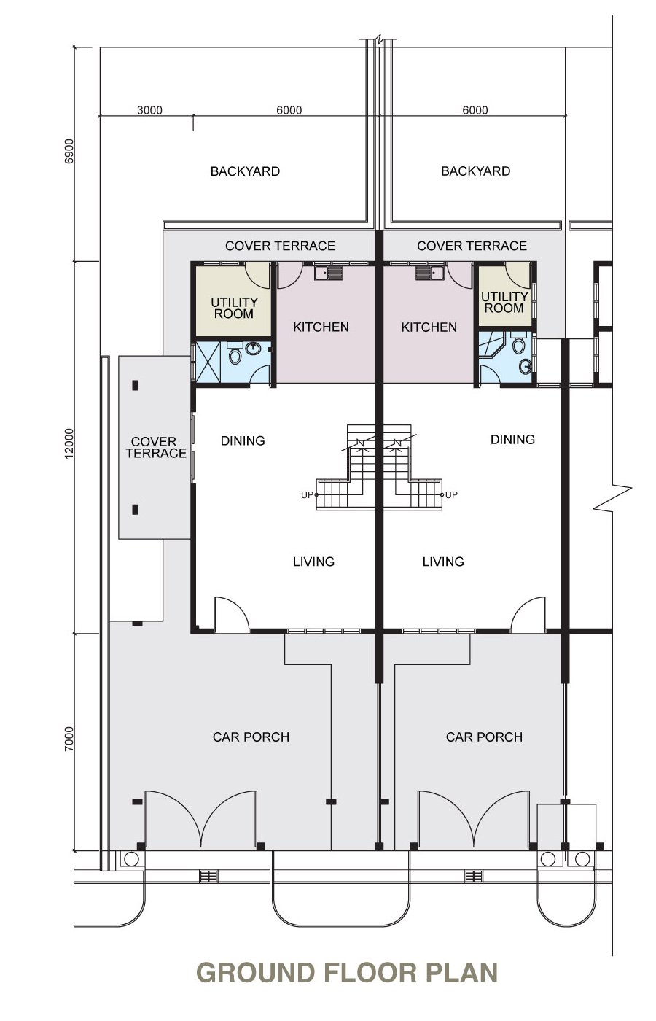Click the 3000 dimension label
pos(149,110)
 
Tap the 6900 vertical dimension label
pos(69,151)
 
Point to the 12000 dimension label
pos(69,443)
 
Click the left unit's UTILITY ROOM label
pos(234,308)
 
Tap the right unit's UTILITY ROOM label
pos(504,302)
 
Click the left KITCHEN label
pos(321,327)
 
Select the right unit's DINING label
pos(512,439)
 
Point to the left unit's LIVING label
pos(313,562)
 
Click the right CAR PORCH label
pos(484,737)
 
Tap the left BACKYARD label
pos(245,171)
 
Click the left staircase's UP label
pos(307,495)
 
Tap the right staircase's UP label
pos(451,495)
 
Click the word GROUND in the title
pos(256,972)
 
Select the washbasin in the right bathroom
pos(527,366)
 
